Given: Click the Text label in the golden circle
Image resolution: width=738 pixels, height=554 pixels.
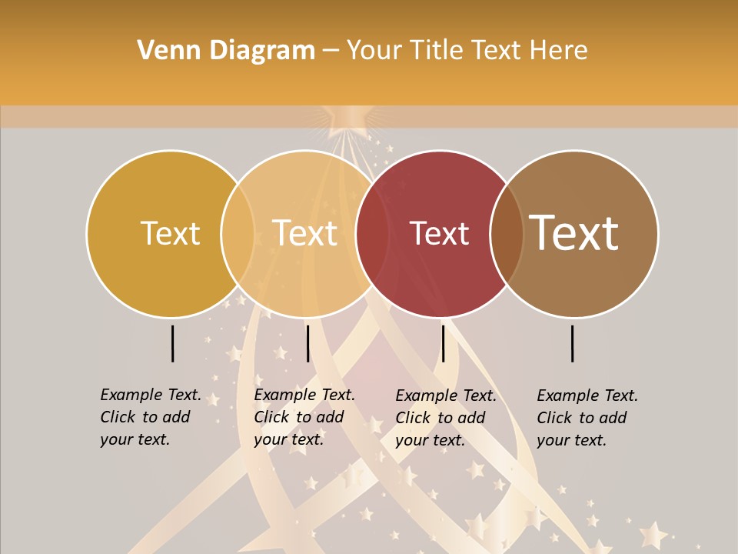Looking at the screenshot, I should click(x=170, y=233).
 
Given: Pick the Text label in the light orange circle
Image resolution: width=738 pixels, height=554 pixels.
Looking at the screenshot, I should click(x=305, y=233).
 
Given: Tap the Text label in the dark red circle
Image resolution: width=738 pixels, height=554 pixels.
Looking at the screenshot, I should click(x=439, y=233).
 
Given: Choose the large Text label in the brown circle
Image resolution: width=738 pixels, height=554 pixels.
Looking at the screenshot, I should click(x=574, y=232).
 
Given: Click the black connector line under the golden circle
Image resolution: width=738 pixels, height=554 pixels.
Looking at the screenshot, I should click(x=172, y=343).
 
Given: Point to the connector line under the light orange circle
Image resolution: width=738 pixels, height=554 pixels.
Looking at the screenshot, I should click(x=307, y=343).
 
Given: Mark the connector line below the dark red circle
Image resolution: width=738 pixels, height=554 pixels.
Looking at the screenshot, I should click(x=443, y=343).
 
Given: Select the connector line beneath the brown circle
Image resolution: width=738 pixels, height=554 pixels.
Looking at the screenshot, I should click(x=573, y=343).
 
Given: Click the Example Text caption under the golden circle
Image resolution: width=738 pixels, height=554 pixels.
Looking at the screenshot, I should click(x=151, y=417).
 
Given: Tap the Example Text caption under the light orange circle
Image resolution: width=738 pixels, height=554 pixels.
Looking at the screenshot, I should click(x=304, y=417).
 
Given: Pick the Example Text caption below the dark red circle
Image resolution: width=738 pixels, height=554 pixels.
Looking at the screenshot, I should click(x=446, y=418).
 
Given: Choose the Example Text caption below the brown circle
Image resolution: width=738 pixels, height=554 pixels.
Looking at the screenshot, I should click(x=587, y=418).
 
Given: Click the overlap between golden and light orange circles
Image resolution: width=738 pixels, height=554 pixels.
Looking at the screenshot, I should click(x=238, y=233).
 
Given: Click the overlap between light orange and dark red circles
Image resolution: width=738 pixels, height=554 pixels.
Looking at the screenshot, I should click(x=372, y=233).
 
